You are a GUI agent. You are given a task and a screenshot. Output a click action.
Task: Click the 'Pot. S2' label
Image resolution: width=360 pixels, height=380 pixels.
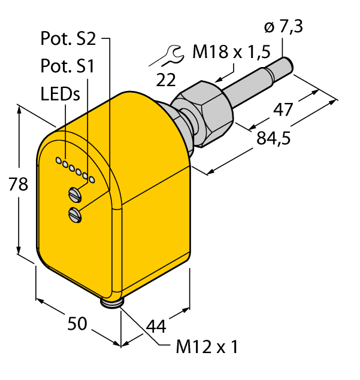pos(68,39)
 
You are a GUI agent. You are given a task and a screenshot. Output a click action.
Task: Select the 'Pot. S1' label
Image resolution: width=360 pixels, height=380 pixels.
pos(66,66)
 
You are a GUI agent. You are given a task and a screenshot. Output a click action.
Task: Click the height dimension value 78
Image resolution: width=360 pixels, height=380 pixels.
pos(17,185)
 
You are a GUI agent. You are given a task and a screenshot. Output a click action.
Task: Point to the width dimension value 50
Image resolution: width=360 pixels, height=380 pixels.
pos(78,324)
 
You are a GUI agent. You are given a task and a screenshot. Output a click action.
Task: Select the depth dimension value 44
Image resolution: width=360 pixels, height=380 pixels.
pos(156,326)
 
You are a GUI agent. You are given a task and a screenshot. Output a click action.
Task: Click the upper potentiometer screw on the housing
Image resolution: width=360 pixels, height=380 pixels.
pos(75,193)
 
